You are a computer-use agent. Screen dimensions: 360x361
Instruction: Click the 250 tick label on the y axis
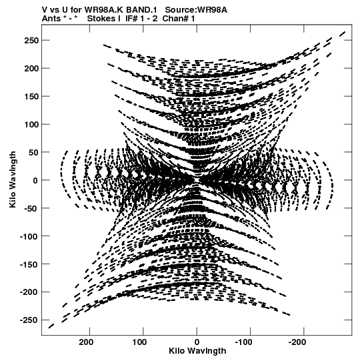point(31,41)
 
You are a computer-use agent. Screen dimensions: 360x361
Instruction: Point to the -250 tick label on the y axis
point(29,320)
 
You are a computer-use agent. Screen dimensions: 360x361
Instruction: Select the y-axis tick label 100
point(31,125)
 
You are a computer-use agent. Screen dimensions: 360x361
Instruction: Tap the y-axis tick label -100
point(29,236)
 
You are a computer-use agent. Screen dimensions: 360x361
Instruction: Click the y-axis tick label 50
point(33,152)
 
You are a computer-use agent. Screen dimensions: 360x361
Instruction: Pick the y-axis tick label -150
point(29,264)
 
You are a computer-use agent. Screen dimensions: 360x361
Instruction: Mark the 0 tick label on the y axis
point(35,180)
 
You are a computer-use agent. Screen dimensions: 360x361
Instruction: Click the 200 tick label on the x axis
point(86,342)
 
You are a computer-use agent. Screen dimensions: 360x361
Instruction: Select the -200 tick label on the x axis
point(297,342)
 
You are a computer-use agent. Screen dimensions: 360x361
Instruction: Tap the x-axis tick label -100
point(243,342)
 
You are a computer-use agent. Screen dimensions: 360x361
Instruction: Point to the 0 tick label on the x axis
point(197,342)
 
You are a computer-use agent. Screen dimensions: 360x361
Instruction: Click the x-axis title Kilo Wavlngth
point(197,351)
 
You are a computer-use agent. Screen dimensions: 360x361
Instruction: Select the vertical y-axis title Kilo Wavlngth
point(13,179)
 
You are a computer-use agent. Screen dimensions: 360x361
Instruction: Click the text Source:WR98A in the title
point(196,10)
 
